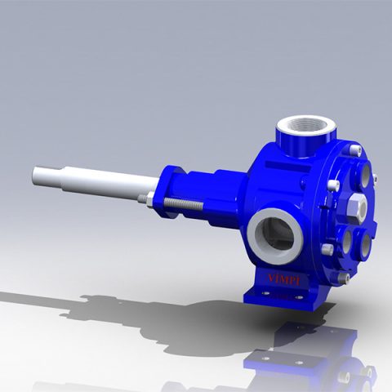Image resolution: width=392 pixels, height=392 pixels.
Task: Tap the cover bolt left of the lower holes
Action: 327,250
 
